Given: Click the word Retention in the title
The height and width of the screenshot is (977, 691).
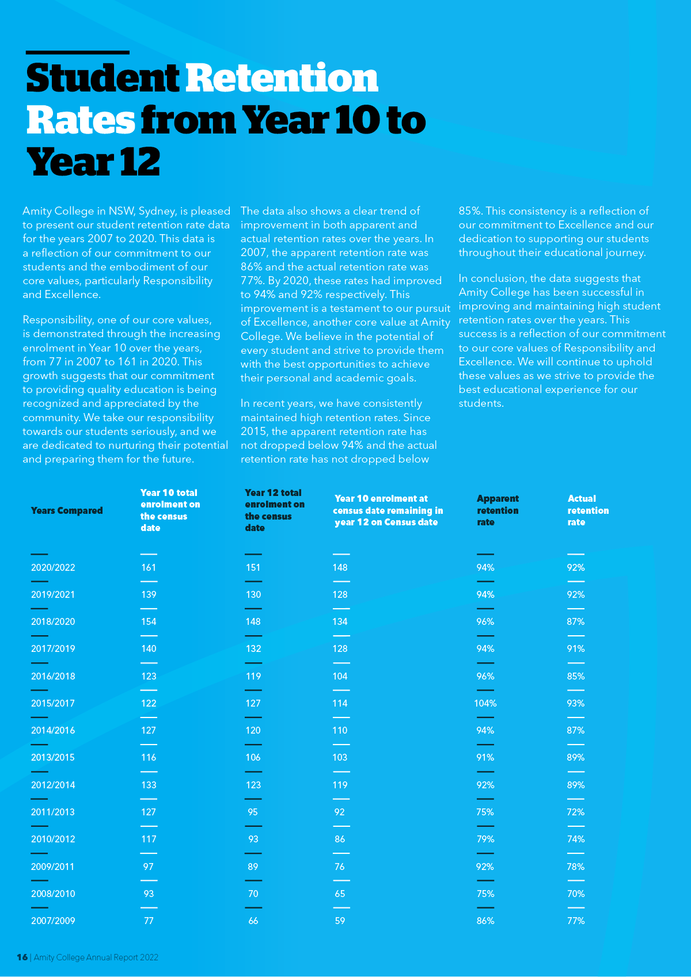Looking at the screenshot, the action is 282,78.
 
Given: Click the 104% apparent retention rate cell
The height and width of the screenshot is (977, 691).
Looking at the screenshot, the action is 485,703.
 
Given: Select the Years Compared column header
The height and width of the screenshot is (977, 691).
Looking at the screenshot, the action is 67,510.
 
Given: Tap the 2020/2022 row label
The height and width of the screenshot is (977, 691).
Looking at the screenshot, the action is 53,567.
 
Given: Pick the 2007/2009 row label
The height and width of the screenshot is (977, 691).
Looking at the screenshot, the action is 53,921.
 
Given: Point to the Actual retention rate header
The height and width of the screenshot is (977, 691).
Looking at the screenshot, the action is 588,510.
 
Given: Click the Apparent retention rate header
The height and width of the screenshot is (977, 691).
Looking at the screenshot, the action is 498,510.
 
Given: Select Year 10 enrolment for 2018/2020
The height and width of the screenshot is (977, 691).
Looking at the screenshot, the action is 149,621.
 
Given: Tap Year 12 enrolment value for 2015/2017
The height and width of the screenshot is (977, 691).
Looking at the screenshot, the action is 253,703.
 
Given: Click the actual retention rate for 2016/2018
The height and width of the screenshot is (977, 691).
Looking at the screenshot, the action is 576,676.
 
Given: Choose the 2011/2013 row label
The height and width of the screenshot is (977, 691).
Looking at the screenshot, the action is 53,812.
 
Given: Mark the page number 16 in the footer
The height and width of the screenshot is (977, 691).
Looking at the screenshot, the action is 22,957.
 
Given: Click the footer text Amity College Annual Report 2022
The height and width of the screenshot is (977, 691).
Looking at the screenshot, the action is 96,957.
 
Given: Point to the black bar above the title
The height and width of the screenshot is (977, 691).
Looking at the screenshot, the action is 78,52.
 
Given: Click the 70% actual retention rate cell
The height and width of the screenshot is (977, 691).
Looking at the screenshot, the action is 576,894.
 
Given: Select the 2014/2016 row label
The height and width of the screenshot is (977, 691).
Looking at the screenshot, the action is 53,730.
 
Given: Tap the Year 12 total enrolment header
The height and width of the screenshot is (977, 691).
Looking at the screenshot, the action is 275,510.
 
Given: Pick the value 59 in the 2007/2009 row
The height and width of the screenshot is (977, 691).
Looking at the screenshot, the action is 340,921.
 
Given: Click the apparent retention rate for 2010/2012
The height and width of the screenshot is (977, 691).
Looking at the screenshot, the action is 485,839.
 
